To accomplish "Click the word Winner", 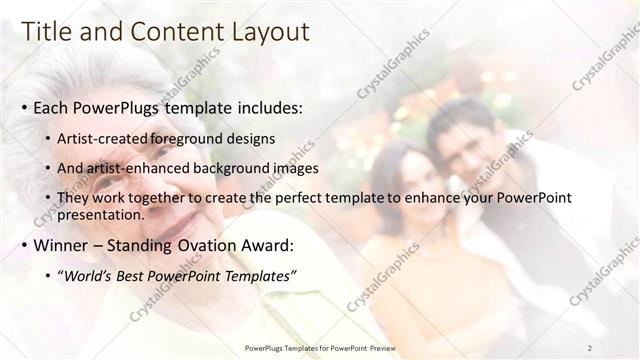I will coord(64,244).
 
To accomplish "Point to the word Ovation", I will coord(231,244).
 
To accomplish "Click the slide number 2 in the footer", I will coord(590,348).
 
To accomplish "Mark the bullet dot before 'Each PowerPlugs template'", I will coord(23,108).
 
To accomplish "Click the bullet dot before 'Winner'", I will coord(23,245).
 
